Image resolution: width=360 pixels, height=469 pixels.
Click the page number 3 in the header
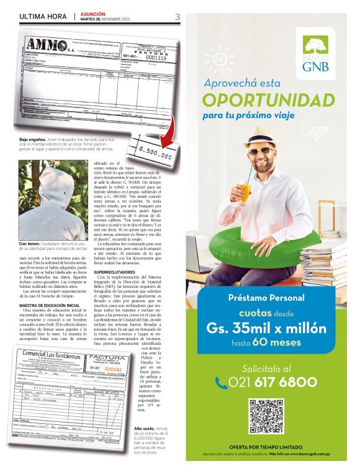(x=177, y=17)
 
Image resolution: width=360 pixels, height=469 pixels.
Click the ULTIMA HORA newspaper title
(x=43, y=17)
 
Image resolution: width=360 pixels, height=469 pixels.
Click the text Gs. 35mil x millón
(x=265, y=327)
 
